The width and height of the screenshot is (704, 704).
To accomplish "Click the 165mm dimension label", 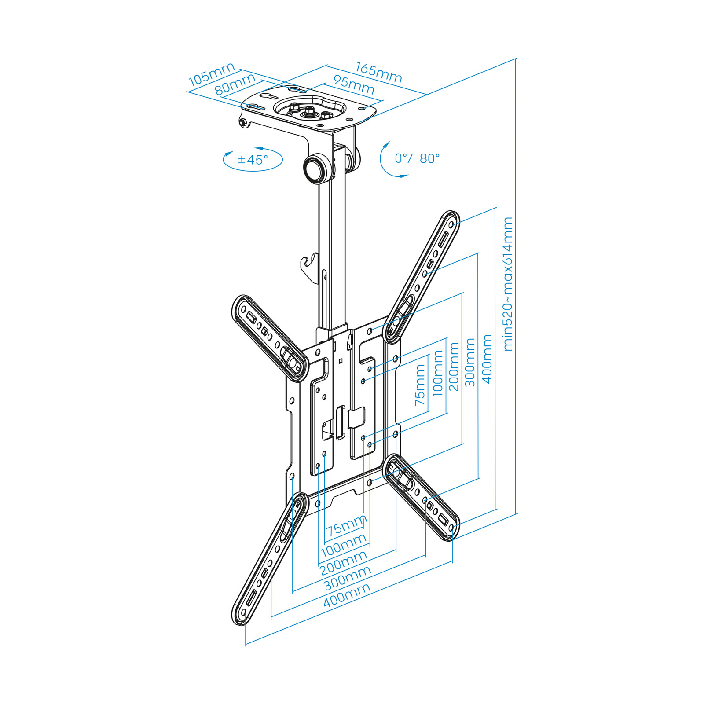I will tap(378, 73).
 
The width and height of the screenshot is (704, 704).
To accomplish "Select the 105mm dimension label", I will tap(211, 75).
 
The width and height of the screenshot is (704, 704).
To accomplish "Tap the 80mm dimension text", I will tap(235, 84).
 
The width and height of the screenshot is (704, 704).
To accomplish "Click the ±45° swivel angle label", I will tap(253, 159).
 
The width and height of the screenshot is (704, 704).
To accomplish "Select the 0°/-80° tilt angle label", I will tap(417, 158).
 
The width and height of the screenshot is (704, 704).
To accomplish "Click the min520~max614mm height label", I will tap(508, 284).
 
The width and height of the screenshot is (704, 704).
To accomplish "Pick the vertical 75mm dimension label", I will tap(421, 385).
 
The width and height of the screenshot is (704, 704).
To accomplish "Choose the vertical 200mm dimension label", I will tap(454, 367).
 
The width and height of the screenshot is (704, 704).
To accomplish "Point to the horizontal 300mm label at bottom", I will tap(348, 578).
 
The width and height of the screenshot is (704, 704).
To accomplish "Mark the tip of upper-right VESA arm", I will tap(451, 220).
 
